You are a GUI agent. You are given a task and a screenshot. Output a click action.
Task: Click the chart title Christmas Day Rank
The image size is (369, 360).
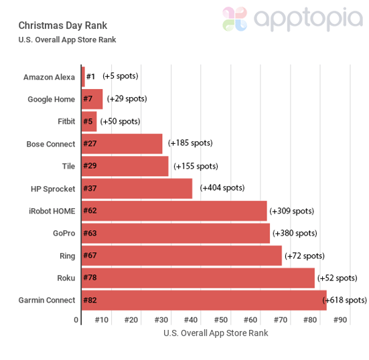point(62,25)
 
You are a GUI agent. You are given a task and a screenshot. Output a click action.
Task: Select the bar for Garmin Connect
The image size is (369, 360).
point(204,300)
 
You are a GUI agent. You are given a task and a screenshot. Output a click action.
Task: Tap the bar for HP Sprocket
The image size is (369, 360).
point(137,188)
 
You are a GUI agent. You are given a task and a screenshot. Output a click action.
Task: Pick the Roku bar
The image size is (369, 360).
point(198,278)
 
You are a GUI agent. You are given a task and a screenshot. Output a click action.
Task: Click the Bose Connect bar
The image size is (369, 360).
point(122,144)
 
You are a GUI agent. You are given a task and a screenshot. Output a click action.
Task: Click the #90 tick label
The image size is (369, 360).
point(340,321)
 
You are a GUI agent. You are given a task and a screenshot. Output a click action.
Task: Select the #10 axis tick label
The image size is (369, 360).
point(101,321)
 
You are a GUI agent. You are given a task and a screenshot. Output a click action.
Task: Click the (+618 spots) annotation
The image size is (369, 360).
point(346,300)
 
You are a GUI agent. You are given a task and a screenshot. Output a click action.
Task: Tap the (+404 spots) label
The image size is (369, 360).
point(222,188)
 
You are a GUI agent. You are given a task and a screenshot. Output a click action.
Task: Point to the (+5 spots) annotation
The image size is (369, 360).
point(121,76)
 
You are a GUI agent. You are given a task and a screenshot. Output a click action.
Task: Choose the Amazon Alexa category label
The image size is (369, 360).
point(49,77)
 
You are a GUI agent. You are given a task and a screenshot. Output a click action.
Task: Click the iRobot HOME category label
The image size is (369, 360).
point(52,211)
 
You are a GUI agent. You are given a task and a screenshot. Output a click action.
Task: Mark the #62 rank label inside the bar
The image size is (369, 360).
point(90,211)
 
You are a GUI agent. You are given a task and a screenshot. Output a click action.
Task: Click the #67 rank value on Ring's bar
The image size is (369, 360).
point(90,256)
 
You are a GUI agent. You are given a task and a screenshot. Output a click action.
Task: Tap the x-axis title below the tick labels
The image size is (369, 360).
point(215,333)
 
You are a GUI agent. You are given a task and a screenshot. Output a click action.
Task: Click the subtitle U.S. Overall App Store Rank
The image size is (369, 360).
point(67,39)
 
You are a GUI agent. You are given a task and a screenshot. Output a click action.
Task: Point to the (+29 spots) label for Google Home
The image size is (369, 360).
point(127,99)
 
